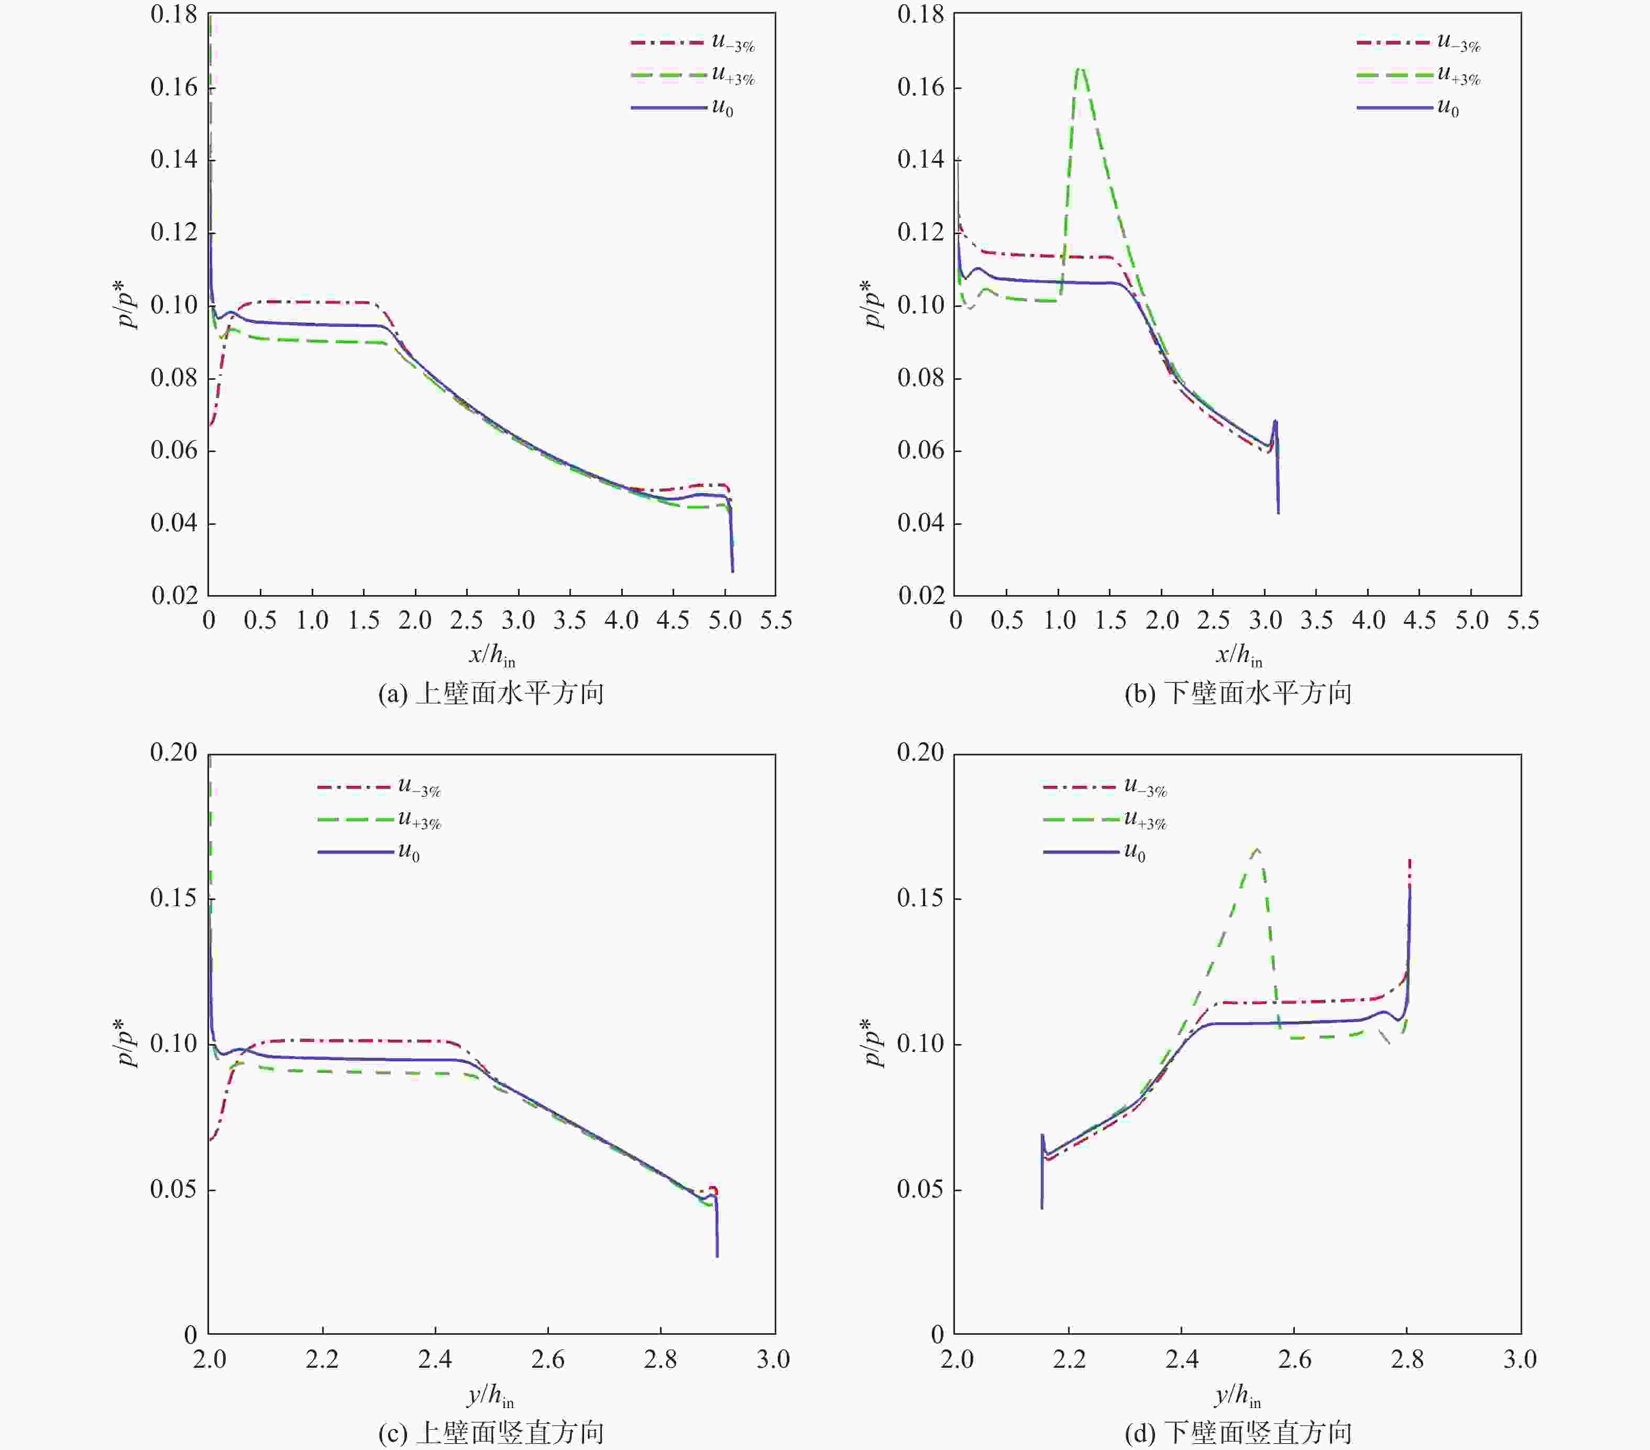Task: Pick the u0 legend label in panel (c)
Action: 409,853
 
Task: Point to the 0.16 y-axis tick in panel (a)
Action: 173,87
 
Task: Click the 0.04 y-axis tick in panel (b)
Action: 920,523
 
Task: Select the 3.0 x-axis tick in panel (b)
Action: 1265,621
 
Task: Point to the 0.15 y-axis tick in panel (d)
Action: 920,898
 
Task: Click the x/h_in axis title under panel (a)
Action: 492,655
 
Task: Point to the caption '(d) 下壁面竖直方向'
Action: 1237,1433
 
